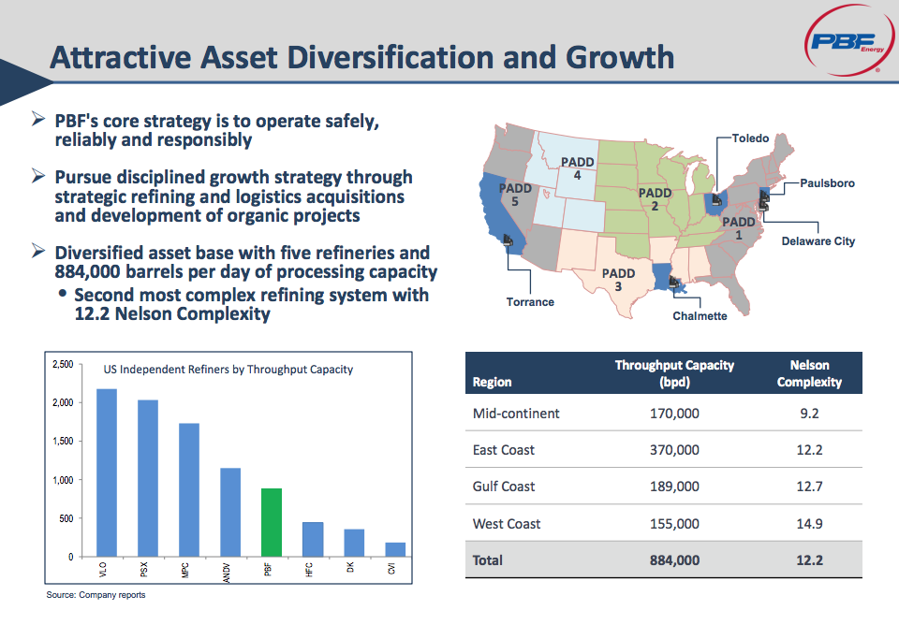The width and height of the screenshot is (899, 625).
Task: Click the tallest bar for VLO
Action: click(107, 472)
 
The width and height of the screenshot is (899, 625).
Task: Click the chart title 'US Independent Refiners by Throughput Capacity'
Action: click(228, 370)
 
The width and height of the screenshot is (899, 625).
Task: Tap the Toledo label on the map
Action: click(750, 138)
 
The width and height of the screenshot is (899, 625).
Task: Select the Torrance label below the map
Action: click(530, 302)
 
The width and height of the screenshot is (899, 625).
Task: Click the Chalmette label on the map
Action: click(700, 316)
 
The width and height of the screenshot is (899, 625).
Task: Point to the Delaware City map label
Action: click(818, 241)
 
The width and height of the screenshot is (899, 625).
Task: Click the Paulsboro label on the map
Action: click(827, 183)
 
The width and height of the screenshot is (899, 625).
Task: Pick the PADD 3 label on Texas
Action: click(618, 279)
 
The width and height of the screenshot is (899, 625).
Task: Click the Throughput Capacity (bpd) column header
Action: click(674, 373)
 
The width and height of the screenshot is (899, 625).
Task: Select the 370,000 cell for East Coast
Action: click(675, 450)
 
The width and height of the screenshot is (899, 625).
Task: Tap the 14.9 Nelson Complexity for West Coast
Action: click(809, 524)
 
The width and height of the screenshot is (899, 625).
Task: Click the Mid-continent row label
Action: click(516, 413)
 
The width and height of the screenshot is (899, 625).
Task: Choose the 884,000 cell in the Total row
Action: click(675, 560)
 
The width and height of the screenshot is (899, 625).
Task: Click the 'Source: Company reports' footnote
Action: click(96, 595)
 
